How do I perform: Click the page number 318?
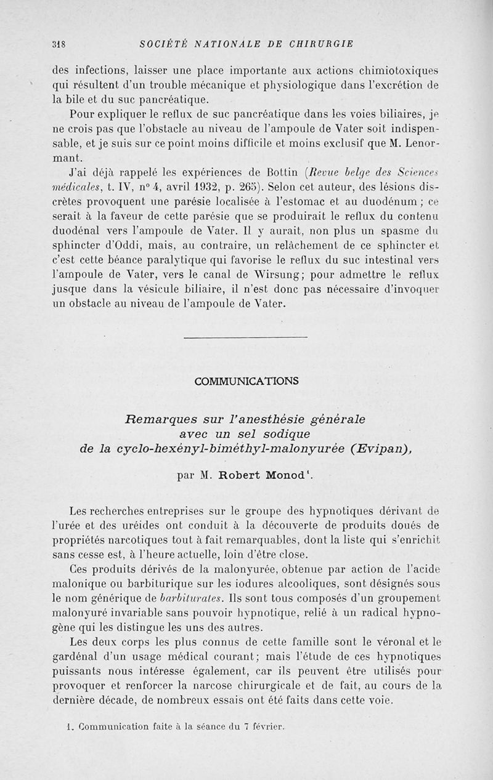59,44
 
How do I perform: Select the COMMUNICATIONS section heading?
246,382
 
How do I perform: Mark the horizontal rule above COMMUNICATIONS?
246,337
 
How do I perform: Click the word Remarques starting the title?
162,419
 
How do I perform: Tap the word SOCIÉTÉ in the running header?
162,44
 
